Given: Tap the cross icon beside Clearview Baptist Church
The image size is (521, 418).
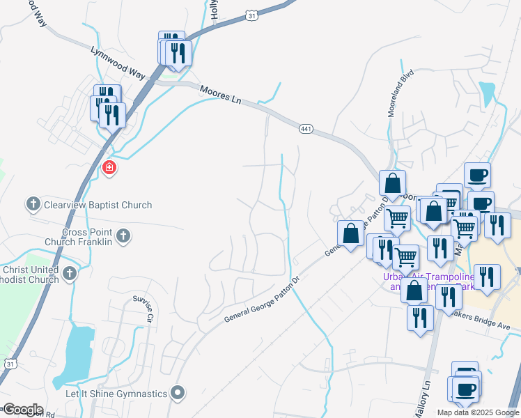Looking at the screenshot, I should coord(33,204).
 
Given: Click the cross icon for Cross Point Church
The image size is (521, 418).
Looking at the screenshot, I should coord(123,235).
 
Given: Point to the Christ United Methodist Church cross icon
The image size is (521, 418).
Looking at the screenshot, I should coord(69,274).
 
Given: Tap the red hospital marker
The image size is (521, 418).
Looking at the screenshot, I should coord(109,167).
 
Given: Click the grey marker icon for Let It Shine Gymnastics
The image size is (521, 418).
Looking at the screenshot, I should coord(178,393).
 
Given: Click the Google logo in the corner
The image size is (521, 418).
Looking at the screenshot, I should coord(22,410).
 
